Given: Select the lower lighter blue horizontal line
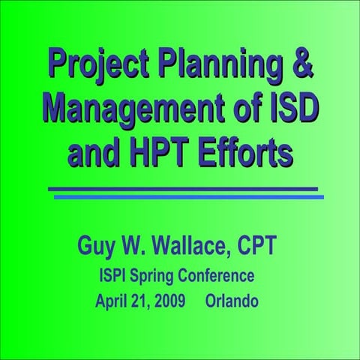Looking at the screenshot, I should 188,197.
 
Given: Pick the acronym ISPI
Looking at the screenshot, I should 115,276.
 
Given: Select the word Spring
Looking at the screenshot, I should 159,277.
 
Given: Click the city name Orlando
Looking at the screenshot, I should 232,302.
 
